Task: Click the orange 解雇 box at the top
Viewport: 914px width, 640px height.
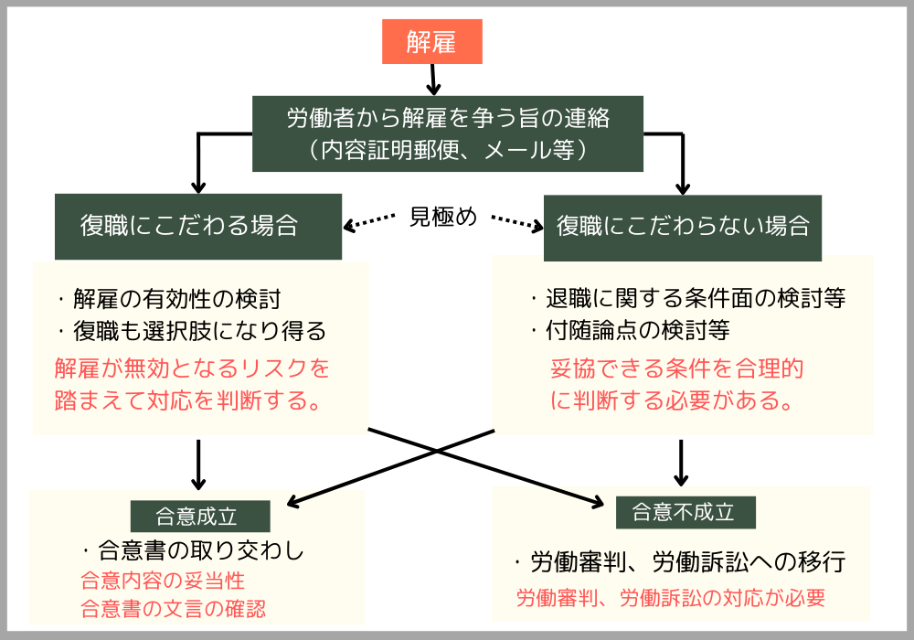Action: tap(431, 41)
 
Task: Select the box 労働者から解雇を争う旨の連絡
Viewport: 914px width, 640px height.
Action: tap(448, 119)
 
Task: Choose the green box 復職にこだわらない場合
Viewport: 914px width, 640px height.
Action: tap(682, 226)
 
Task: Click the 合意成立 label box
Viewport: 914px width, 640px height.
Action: tap(200, 516)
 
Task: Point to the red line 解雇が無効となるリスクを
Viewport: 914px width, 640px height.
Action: tap(192, 369)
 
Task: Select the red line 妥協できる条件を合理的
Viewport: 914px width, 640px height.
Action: tap(676, 369)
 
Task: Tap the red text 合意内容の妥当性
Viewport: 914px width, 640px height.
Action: tap(163, 581)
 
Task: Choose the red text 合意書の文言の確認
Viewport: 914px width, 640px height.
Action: tap(174, 609)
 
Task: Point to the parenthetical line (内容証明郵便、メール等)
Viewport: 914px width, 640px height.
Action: tap(448, 149)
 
